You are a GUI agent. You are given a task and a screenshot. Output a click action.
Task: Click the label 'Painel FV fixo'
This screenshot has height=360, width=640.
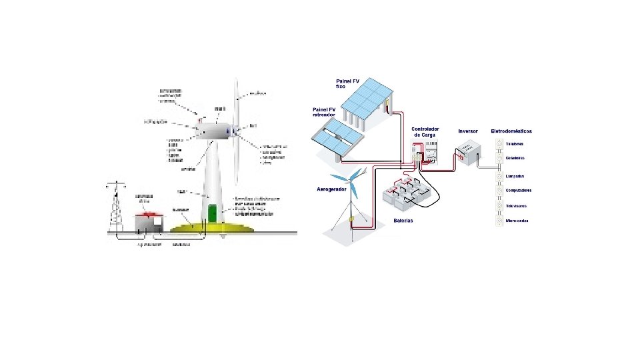pyautogui.click(x=347, y=84)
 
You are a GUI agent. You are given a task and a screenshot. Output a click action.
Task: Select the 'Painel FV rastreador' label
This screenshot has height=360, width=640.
pyautogui.click(x=324, y=112)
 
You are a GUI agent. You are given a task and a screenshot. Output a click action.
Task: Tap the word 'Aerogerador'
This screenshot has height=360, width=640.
pyautogui.click(x=331, y=189)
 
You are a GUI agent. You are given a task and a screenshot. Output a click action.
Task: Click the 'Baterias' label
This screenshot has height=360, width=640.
pyautogui.click(x=403, y=221)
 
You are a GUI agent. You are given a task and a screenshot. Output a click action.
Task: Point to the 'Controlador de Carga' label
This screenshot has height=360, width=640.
pyautogui.click(x=425, y=131)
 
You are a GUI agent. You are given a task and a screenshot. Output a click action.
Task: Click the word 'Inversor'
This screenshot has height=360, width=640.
pyautogui.click(x=468, y=131)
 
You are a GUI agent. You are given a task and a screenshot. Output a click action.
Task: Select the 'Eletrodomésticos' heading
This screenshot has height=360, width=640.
pyautogui.click(x=511, y=131)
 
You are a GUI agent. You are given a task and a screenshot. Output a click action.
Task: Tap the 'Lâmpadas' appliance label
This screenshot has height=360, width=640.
pyautogui.click(x=514, y=176)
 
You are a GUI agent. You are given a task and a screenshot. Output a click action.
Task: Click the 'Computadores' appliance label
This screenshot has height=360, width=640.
pyautogui.click(x=518, y=191)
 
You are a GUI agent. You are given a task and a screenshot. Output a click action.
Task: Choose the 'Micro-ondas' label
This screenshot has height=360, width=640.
pyautogui.click(x=517, y=221)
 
